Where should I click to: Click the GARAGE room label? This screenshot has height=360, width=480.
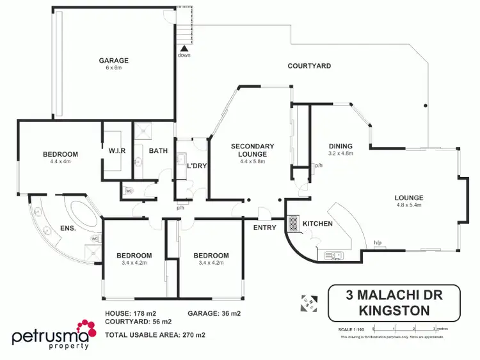click(x=113, y=61)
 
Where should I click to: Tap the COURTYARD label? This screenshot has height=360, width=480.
click(x=309, y=66)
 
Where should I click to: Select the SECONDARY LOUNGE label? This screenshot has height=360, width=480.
click(x=252, y=150)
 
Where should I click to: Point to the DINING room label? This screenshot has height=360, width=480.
click(x=340, y=146)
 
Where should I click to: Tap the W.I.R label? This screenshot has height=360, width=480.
click(x=116, y=151)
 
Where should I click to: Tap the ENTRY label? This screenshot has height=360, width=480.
click(x=265, y=228)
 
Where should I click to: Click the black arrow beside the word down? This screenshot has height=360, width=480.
click(x=184, y=47)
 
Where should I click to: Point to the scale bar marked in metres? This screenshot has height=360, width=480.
click(x=409, y=331)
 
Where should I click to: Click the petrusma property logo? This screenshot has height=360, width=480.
click(x=53, y=336)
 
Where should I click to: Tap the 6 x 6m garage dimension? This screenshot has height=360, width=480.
click(x=113, y=69)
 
